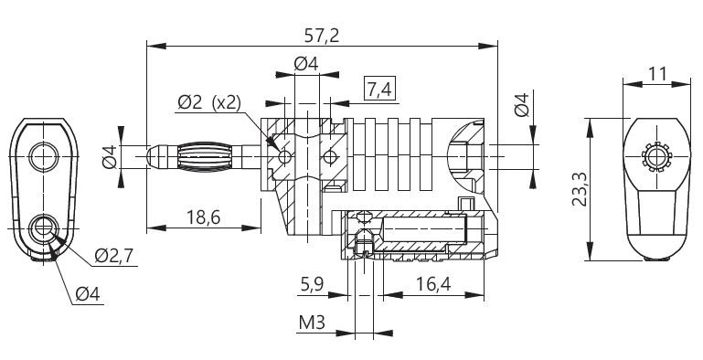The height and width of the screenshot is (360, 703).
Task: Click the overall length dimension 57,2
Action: pyautogui.click(x=321, y=36)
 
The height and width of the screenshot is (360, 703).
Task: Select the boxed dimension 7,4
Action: pyautogui.click(x=379, y=90)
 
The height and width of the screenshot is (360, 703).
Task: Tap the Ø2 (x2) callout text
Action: pyautogui.click(x=209, y=103)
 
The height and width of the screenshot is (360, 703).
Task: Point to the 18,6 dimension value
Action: pyautogui.click(x=203, y=217)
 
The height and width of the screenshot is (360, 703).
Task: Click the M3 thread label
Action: pyautogui.click(x=312, y=323)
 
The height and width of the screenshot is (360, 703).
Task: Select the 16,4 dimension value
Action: pyautogui.click(x=433, y=284)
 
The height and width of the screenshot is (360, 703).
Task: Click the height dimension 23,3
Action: pyautogui.click(x=580, y=189)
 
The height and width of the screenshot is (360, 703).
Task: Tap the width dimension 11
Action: pyautogui.click(x=657, y=73)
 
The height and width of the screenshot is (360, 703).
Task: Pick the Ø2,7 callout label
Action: pyautogui.click(x=114, y=256)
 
